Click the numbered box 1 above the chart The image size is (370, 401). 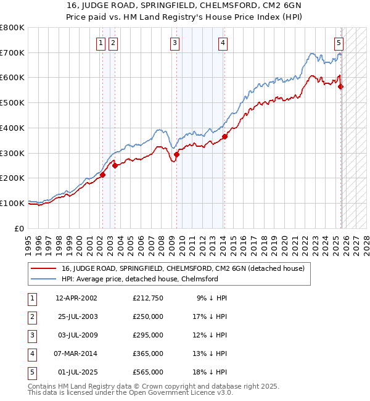pos(101,43)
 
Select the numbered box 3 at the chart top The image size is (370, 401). pos(175,43)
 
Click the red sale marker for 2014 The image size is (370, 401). pos(224,136)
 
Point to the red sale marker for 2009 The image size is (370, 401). pos(176,154)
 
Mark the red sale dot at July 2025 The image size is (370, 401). pos(341,86)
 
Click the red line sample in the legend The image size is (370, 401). pos(44,269)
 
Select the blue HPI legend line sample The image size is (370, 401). pos(44,279)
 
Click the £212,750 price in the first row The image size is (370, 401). pos(148,298)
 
